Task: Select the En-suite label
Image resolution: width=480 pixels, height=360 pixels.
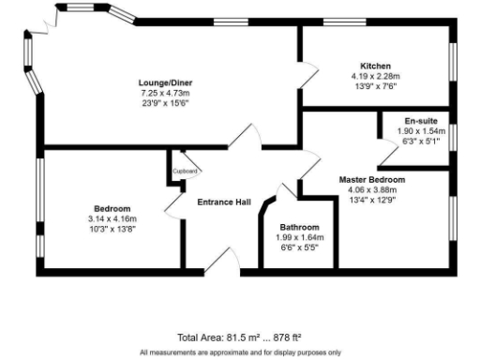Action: point(419,121)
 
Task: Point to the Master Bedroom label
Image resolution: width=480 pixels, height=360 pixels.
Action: point(371,179)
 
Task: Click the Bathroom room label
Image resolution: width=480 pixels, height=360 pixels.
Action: point(299,227)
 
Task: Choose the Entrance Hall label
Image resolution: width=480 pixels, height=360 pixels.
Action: point(223,202)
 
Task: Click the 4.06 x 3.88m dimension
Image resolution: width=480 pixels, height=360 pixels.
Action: point(371,188)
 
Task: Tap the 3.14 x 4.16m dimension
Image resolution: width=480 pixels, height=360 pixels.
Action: point(112,217)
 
